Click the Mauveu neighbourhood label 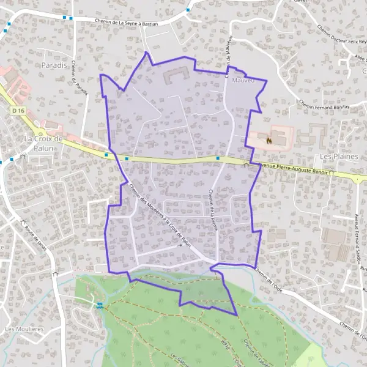point(243,80)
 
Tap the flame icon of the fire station point(269,139)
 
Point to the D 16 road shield point(18,110)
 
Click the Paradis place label point(53,65)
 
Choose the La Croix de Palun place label point(43,143)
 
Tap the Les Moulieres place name point(24,329)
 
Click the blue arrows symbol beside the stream point(100,305)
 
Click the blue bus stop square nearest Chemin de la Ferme point(218,158)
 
